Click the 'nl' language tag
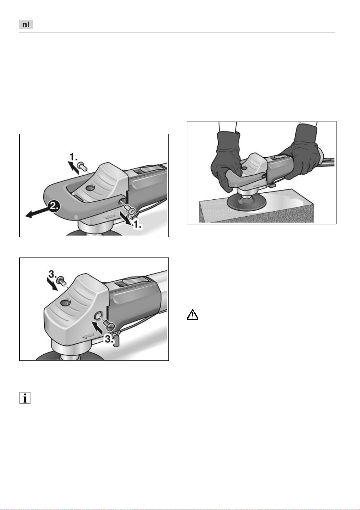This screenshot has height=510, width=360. pos(26,24)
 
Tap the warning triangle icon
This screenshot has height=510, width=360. pos(192,315)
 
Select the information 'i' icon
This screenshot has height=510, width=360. pos(25,398)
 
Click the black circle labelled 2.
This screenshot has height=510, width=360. pos(54,206)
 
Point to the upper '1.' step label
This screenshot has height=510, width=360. pos(74,157)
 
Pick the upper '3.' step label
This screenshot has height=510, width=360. pos(53,274)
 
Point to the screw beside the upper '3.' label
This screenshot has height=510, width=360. pos(61,280)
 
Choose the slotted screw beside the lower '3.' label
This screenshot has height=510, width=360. pos(109,326)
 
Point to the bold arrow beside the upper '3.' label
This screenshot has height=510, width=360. pos(52,284)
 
